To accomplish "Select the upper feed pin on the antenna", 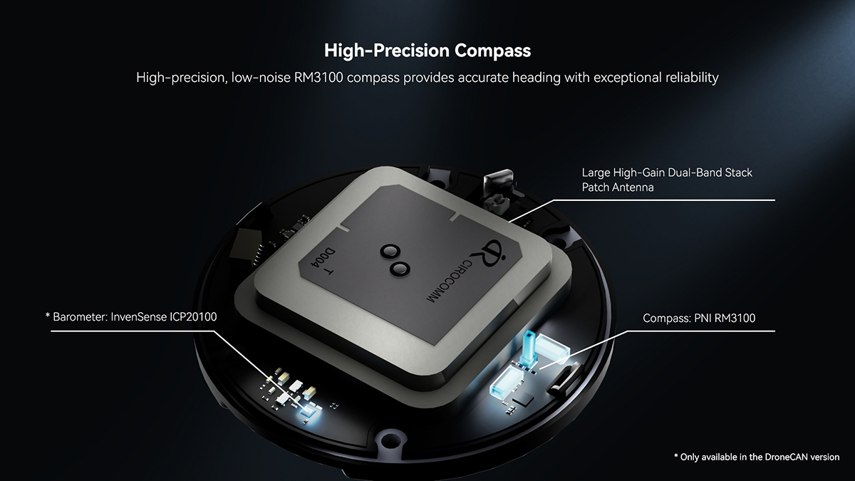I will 390,252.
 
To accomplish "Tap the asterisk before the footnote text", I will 677,456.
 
